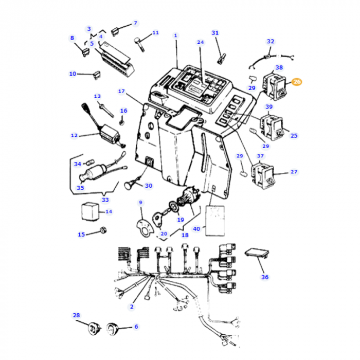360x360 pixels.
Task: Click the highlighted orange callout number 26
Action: click(x=297, y=81)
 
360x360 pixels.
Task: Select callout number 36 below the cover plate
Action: click(x=264, y=277)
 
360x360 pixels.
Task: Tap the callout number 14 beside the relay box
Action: click(x=108, y=211)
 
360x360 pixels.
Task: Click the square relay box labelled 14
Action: click(x=90, y=211)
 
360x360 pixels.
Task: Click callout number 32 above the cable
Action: click(x=271, y=41)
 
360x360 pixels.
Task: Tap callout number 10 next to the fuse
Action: click(x=73, y=74)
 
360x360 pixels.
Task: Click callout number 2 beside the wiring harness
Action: click(x=131, y=307)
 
